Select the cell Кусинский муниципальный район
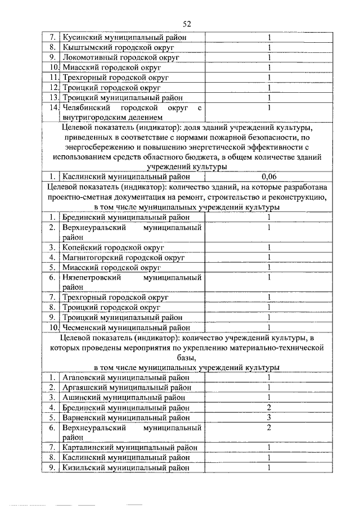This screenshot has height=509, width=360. pyautogui.click(x=124, y=37)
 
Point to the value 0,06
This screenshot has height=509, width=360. pyautogui.click(x=269, y=175)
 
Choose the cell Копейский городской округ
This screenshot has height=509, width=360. pyautogui.click(x=113, y=247)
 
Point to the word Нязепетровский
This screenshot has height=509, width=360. pyautogui.click(x=91, y=277)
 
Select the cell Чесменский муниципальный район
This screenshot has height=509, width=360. pyautogui.click(x=127, y=327)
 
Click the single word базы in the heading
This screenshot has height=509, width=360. pyautogui.click(x=188, y=357)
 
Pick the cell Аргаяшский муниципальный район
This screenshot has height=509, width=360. pyautogui.click(x=127, y=388)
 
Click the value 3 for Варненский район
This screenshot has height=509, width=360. pyautogui.click(x=269, y=417)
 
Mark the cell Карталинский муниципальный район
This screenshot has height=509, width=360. pyautogui.click(x=130, y=447)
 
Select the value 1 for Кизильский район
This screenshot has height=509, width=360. pyautogui.click(x=269, y=467)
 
